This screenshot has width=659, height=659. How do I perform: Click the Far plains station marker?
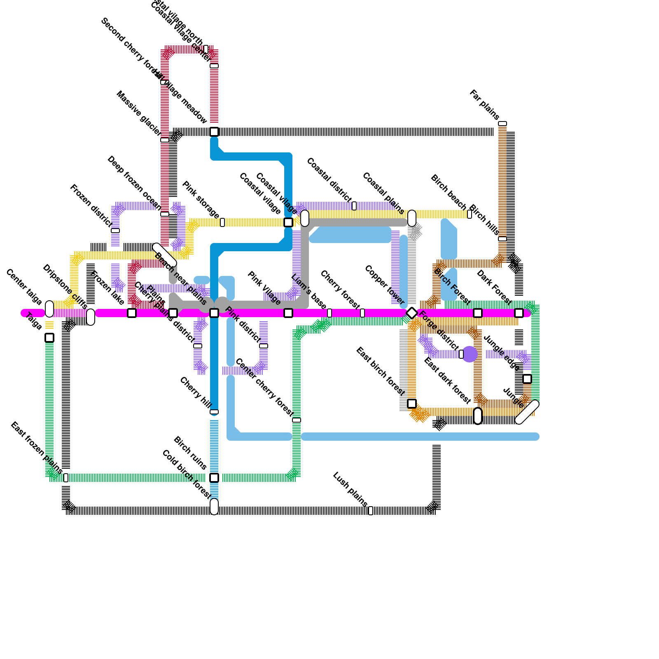point(502,124)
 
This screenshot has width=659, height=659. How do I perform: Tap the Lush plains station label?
point(350,489)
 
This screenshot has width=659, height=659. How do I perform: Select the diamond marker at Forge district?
point(412,313)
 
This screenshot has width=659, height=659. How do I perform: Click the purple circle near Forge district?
point(470,354)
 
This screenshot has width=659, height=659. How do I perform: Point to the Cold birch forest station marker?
point(214,506)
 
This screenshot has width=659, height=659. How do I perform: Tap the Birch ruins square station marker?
point(214,478)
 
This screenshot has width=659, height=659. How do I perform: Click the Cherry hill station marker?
point(214,412)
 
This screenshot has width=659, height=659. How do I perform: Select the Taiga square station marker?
point(49,338)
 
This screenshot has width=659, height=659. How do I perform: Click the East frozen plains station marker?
point(66,478)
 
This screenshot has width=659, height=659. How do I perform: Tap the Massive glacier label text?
point(139,113)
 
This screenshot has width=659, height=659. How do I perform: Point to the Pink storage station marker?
point(222,222)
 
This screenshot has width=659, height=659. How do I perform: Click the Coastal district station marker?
point(354,206)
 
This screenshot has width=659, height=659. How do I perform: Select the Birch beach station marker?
point(470,214)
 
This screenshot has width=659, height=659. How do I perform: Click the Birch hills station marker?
point(502,239)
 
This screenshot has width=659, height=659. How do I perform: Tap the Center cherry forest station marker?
point(297,420)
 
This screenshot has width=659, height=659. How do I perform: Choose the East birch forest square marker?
point(412,404)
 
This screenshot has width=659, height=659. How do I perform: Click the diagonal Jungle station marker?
point(527,412)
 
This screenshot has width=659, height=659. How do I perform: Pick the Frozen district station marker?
point(115,231)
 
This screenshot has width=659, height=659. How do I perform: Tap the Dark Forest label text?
point(494,287)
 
